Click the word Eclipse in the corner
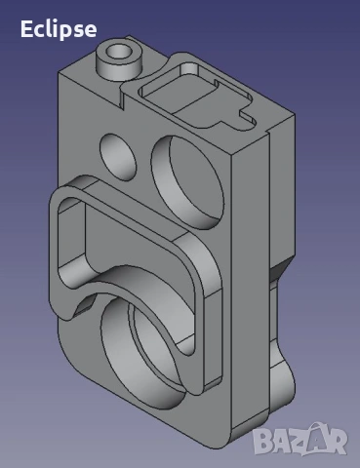(59, 29)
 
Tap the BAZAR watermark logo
(300, 439)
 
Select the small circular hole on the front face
(118, 157)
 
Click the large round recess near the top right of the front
(187, 182)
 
